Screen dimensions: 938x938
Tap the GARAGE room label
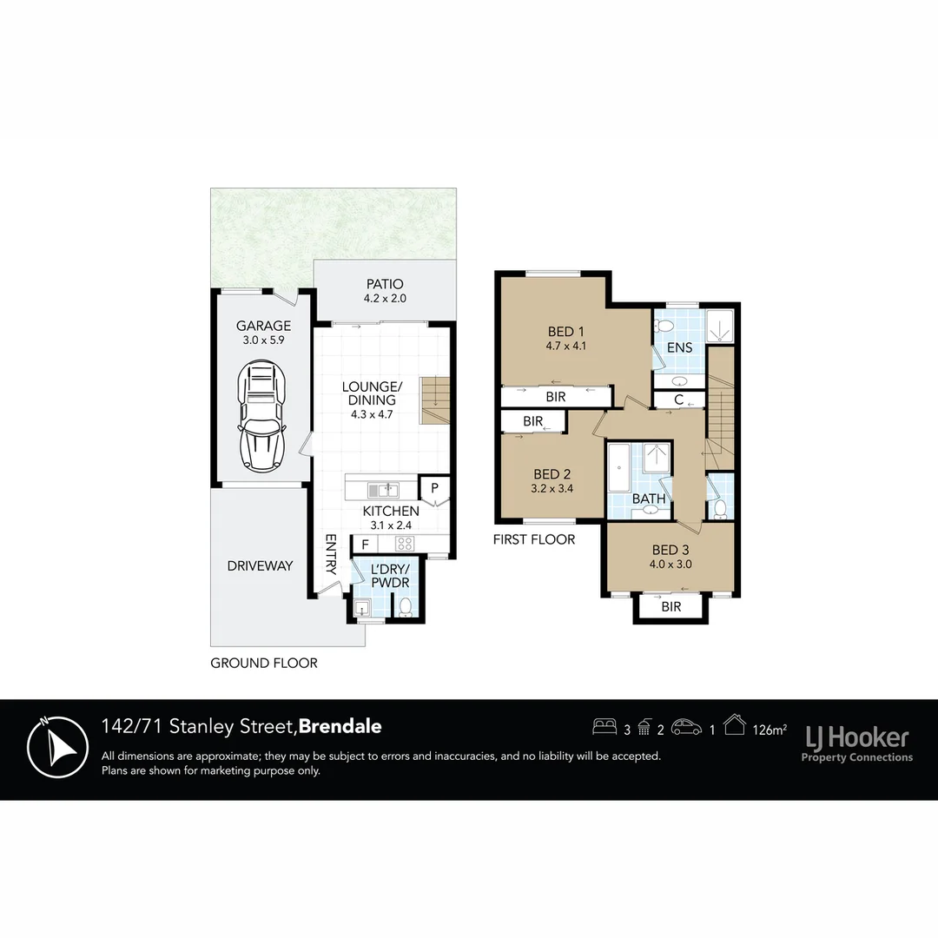click(x=263, y=327)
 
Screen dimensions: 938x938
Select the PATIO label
click(x=385, y=284)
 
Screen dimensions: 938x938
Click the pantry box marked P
click(x=433, y=487)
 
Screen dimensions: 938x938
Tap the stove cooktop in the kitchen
click(x=404, y=545)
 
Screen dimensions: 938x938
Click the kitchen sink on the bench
click(x=382, y=489)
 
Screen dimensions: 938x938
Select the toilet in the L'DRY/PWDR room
click(x=405, y=608)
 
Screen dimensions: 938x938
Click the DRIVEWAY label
click(x=260, y=565)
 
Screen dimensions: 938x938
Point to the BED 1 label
click(x=561, y=332)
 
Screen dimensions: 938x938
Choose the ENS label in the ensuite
click(x=679, y=348)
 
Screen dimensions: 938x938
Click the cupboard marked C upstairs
click(x=677, y=400)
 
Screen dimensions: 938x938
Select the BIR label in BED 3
click(x=671, y=607)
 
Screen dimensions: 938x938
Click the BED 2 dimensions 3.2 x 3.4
click(x=552, y=488)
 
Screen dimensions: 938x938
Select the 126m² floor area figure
click(x=769, y=730)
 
